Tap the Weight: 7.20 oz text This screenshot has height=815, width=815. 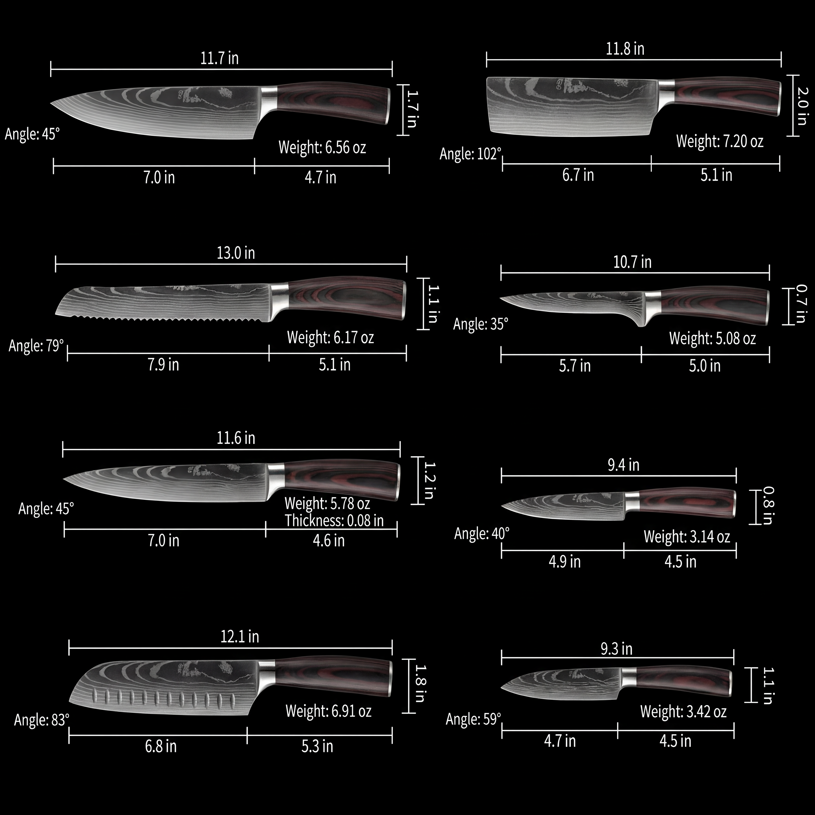pos(720,141)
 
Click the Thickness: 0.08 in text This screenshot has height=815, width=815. pos(334,521)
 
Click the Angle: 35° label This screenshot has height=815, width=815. pos(481,324)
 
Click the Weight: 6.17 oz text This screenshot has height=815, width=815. pos(330,337)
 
